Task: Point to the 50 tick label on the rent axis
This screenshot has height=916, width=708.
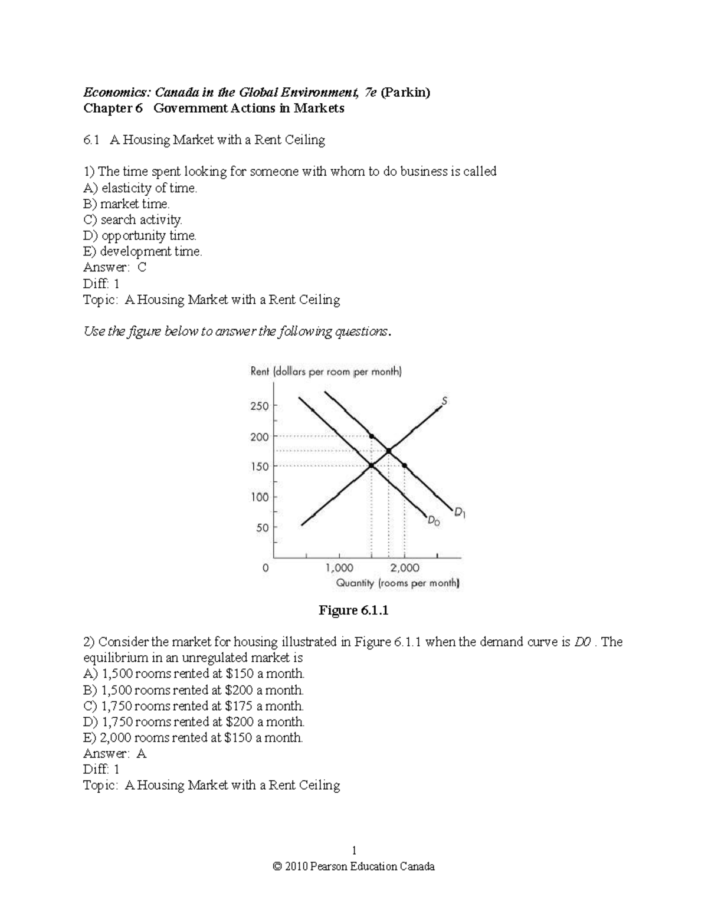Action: [262, 527]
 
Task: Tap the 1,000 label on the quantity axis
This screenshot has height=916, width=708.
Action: [339, 567]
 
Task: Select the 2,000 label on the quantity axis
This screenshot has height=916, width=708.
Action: [405, 567]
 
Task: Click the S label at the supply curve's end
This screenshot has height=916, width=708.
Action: [444, 401]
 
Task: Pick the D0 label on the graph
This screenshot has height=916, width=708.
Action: [434, 521]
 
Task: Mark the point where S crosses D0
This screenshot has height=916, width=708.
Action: [371, 466]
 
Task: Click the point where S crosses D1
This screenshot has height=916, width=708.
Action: [388, 451]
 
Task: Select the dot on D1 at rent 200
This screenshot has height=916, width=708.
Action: [371, 436]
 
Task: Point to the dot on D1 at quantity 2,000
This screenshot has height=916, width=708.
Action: [404, 466]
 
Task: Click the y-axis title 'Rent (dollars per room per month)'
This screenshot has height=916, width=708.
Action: [326, 372]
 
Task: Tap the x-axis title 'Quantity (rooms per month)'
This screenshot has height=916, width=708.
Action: [397, 583]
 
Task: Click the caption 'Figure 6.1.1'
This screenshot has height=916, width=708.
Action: [353, 610]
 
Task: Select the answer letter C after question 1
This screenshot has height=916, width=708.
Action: [142, 267]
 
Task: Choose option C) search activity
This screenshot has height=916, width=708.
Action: [133, 219]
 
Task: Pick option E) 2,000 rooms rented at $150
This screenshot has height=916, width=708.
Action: [193, 737]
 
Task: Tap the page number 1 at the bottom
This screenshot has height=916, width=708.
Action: [354, 851]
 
